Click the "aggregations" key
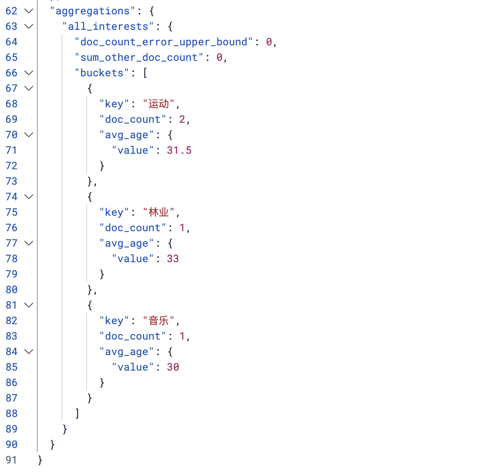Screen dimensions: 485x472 click(x=93, y=11)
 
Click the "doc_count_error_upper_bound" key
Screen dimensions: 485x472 click(x=164, y=42)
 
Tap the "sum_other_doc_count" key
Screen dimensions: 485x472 click(x=139, y=58)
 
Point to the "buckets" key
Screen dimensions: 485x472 click(x=102, y=73)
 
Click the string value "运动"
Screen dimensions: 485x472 click(x=158, y=104)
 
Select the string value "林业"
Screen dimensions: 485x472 click(x=158, y=212)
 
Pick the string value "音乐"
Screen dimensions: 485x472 click(x=158, y=321)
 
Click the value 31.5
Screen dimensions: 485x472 click(x=179, y=150)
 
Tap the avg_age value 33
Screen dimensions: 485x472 click(x=173, y=259)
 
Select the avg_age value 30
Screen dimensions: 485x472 click(x=173, y=367)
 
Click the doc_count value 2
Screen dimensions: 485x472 click(x=182, y=119)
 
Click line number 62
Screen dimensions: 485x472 click(x=11, y=11)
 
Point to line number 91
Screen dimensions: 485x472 click(x=11, y=460)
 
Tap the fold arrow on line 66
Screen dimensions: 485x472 click(x=29, y=73)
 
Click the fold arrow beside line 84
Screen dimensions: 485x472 click(x=29, y=352)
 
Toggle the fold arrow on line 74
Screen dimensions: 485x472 click(x=29, y=197)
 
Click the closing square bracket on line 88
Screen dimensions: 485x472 click(x=77, y=414)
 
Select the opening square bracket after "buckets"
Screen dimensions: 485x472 click(x=145, y=73)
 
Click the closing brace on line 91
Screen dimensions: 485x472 click(x=40, y=460)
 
